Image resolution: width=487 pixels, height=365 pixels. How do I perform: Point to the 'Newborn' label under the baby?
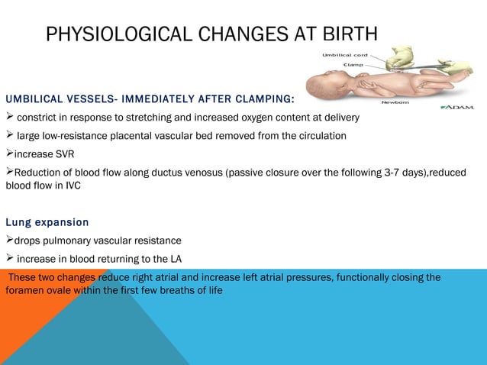click(395, 101)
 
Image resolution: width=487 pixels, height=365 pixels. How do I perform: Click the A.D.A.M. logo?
click(457, 106)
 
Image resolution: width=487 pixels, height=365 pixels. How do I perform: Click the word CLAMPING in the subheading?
click(267, 99)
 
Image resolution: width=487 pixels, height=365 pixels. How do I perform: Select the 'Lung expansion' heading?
click(47, 222)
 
